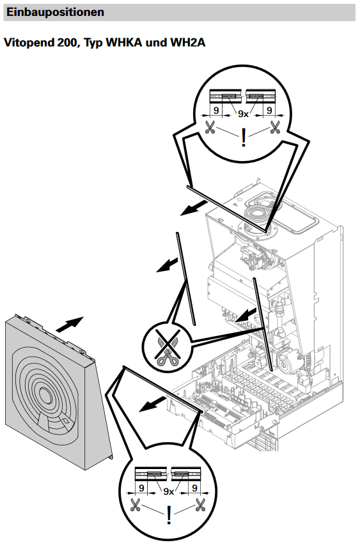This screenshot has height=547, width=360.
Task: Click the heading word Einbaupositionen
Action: coord(55,12)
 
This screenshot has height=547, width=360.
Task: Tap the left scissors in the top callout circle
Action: coord(210,127)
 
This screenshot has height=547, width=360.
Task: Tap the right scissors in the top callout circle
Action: coord(275,127)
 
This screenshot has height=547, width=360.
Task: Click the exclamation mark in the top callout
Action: coord(244,137)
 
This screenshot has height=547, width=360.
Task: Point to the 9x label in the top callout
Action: coord(243,114)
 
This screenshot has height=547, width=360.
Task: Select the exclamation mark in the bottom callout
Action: coord(169,515)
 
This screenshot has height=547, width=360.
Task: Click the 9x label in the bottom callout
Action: coord(168,491)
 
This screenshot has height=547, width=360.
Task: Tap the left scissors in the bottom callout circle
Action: coord(135,505)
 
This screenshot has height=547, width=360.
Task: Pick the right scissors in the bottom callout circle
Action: coord(200,505)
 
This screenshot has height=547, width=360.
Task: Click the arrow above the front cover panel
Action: coord(70,324)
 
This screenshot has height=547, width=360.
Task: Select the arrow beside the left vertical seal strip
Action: coord(168,265)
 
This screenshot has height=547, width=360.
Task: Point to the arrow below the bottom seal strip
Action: coord(152,404)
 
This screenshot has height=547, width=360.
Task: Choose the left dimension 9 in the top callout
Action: coord(216,111)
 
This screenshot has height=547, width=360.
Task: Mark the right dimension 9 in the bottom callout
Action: coord(194,488)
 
